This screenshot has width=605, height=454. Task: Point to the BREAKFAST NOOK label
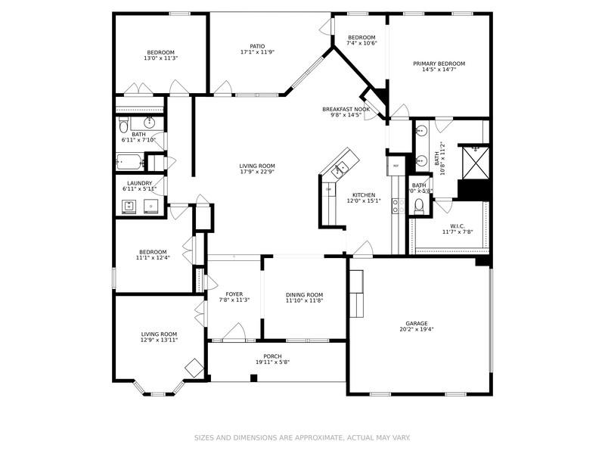click(346, 109)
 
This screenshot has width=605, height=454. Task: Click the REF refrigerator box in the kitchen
click(396, 164)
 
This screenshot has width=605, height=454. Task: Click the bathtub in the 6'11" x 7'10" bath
click(129, 161)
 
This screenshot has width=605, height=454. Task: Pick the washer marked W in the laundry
click(129, 206)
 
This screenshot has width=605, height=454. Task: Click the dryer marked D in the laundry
click(151, 206)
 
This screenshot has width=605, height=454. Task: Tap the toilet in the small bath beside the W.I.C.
click(419, 205)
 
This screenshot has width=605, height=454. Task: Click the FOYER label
click(234, 294)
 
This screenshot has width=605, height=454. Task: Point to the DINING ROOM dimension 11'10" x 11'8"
click(304, 300)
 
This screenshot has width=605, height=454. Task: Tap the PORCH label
click(272, 356)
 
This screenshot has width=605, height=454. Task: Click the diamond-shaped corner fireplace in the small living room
click(195, 368)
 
